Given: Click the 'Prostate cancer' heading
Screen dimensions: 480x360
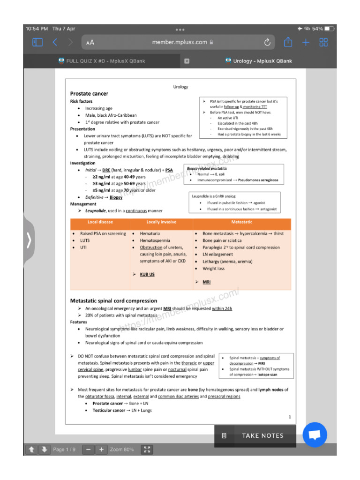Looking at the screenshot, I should coord(89,94).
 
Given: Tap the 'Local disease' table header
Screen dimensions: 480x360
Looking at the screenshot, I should coord(100,222).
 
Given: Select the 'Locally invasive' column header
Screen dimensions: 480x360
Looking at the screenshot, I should coord(161,222).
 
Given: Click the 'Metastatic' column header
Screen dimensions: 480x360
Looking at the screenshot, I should coord(242,222).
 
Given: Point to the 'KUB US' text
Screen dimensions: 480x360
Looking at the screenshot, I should coord(147,274).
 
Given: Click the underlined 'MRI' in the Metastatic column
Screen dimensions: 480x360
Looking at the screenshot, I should coord(206,282).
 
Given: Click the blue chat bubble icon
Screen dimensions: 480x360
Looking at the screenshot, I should coord(315,435).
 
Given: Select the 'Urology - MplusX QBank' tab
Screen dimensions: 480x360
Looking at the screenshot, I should coord(258,61).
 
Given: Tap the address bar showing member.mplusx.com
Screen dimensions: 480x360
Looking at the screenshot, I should coord(179,42).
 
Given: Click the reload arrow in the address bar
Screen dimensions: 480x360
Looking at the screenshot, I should coord(267,42).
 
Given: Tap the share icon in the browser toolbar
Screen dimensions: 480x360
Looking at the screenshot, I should coord(288,42).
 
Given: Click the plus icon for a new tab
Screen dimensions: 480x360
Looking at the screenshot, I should coord(306,42).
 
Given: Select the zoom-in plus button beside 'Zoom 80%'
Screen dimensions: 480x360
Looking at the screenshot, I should coord(101,450).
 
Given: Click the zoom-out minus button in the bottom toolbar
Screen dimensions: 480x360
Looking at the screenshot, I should coord(88,450).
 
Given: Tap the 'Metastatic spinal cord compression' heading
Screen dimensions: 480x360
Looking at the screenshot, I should coord(113,300).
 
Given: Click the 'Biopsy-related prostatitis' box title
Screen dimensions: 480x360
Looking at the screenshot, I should coord(207,168).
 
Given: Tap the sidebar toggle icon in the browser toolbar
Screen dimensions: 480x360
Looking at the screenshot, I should coord(37,42).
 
